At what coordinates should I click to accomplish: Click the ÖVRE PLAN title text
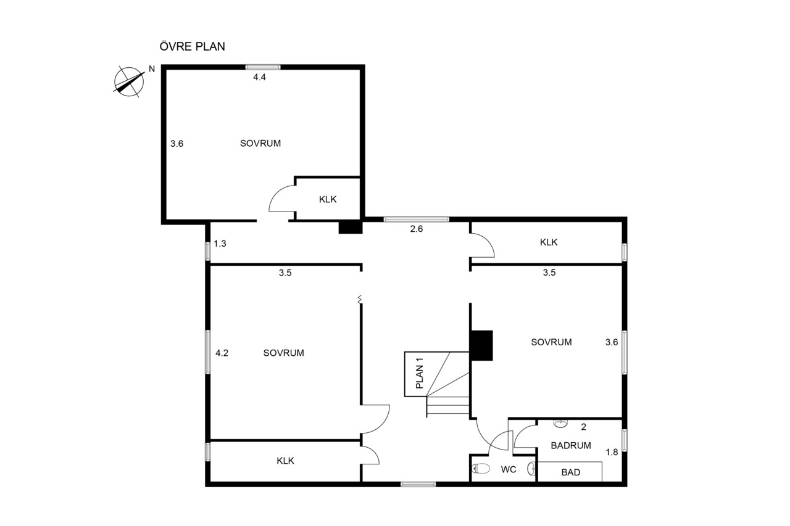click(x=192, y=46)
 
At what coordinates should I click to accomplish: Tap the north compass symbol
click(x=129, y=82)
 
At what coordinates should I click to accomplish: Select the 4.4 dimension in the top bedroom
click(x=260, y=77)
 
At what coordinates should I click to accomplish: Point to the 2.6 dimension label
click(x=417, y=229)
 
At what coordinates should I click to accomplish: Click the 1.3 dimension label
click(x=220, y=244)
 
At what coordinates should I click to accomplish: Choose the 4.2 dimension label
click(x=222, y=353)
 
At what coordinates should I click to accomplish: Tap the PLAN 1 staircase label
click(x=420, y=373)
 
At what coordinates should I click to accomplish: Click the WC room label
click(x=509, y=469)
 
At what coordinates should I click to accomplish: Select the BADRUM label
click(x=571, y=445)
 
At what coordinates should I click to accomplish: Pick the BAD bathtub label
click(x=571, y=472)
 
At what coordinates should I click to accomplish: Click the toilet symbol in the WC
click(x=481, y=469)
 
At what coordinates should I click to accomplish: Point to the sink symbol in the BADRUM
click(x=560, y=424)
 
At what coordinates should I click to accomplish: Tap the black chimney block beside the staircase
click(x=482, y=345)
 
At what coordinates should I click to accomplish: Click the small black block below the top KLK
click(x=351, y=227)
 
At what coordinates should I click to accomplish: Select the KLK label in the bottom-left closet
click(x=285, y=461)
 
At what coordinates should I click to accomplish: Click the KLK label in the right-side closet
click(x=549, y=242)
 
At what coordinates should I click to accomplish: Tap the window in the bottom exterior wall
click(x=418, y=485)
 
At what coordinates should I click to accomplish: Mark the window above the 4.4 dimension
click(x=263, y=67)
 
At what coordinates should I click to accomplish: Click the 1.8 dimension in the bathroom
click(x=612, y=452)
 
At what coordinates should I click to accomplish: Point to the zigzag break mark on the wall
click(x=360, y=299)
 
